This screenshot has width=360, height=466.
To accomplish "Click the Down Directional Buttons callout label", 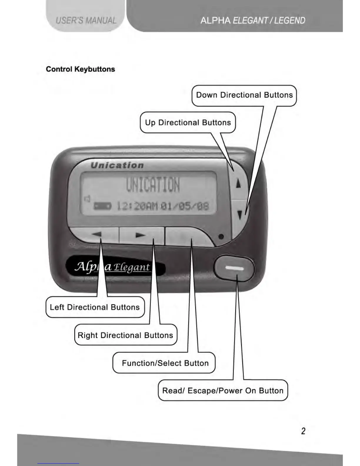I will point(244,95).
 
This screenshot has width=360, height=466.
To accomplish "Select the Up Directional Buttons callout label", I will point(188,122).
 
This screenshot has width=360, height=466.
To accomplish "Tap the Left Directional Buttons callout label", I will point(95,307).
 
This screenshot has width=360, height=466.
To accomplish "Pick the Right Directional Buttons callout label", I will point(126,335).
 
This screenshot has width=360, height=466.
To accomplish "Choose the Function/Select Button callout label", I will point(165,363).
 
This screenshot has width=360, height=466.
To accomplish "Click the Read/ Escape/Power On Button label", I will point(223,391).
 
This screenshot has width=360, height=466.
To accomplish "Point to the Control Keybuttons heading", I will point(80,69).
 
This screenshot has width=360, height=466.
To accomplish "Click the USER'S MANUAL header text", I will point(86,20).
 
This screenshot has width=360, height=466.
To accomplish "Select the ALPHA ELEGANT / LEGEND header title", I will point(253,20).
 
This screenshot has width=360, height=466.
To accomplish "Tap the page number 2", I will point(303,431).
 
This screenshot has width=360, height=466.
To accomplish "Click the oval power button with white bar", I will point(234,268).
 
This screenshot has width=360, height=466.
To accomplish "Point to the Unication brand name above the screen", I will point(117,165).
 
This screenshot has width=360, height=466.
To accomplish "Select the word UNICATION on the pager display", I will point(153,185).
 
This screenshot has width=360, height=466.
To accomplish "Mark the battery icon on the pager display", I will point(102,206).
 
